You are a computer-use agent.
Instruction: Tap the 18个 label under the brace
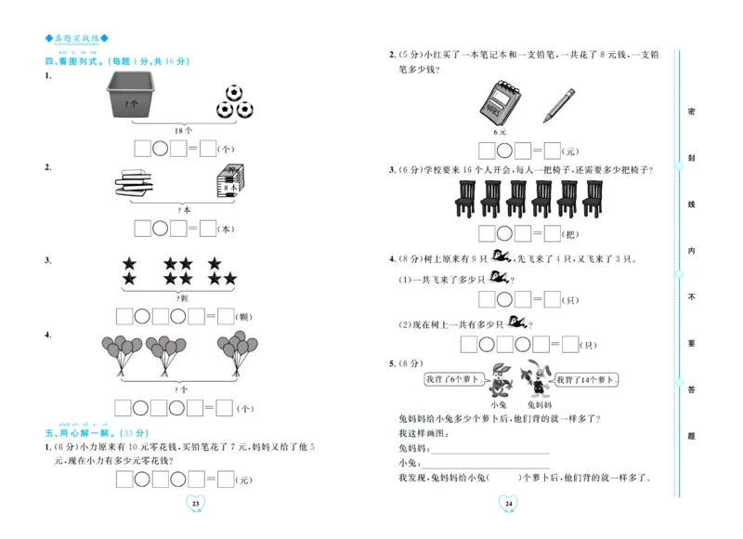183,131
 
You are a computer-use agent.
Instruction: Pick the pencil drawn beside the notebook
557,104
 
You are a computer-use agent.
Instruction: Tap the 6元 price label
502,132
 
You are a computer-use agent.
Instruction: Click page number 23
195,504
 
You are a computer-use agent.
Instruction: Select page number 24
508,504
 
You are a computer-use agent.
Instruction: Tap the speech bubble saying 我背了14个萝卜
587,379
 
